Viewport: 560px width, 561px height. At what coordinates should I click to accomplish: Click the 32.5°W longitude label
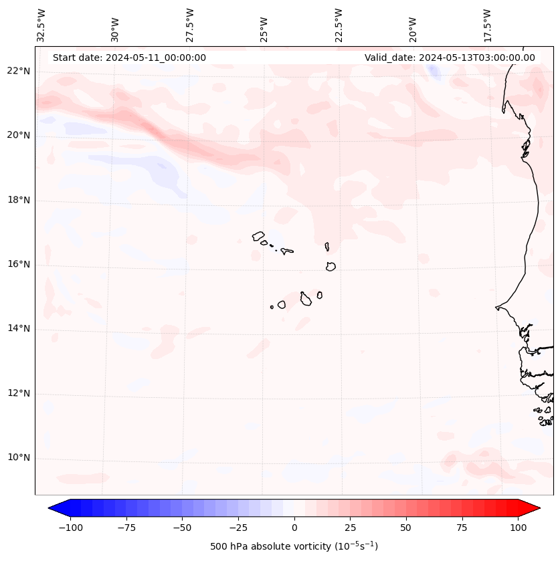pyautogui.click(x=41, y=25)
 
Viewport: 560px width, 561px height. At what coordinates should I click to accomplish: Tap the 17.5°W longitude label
pyautogui.click(x=487, y=25)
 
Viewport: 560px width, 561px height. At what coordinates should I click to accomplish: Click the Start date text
pyautogui.click(x=129, y=58)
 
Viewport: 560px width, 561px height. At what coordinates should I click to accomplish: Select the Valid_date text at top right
pyautogui.click(x=450, y=58)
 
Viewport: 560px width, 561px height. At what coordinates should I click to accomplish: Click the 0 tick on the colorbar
pyautogui.click(x=294, y=528)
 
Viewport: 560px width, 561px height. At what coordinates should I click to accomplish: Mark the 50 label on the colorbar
pyautogui.click(x=406, y=528)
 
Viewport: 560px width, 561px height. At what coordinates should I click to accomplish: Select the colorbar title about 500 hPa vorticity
pyautogui.click(x=294, y=546)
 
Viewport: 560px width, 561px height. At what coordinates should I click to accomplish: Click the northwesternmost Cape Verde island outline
pyautogui.click(x=258, y=236)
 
